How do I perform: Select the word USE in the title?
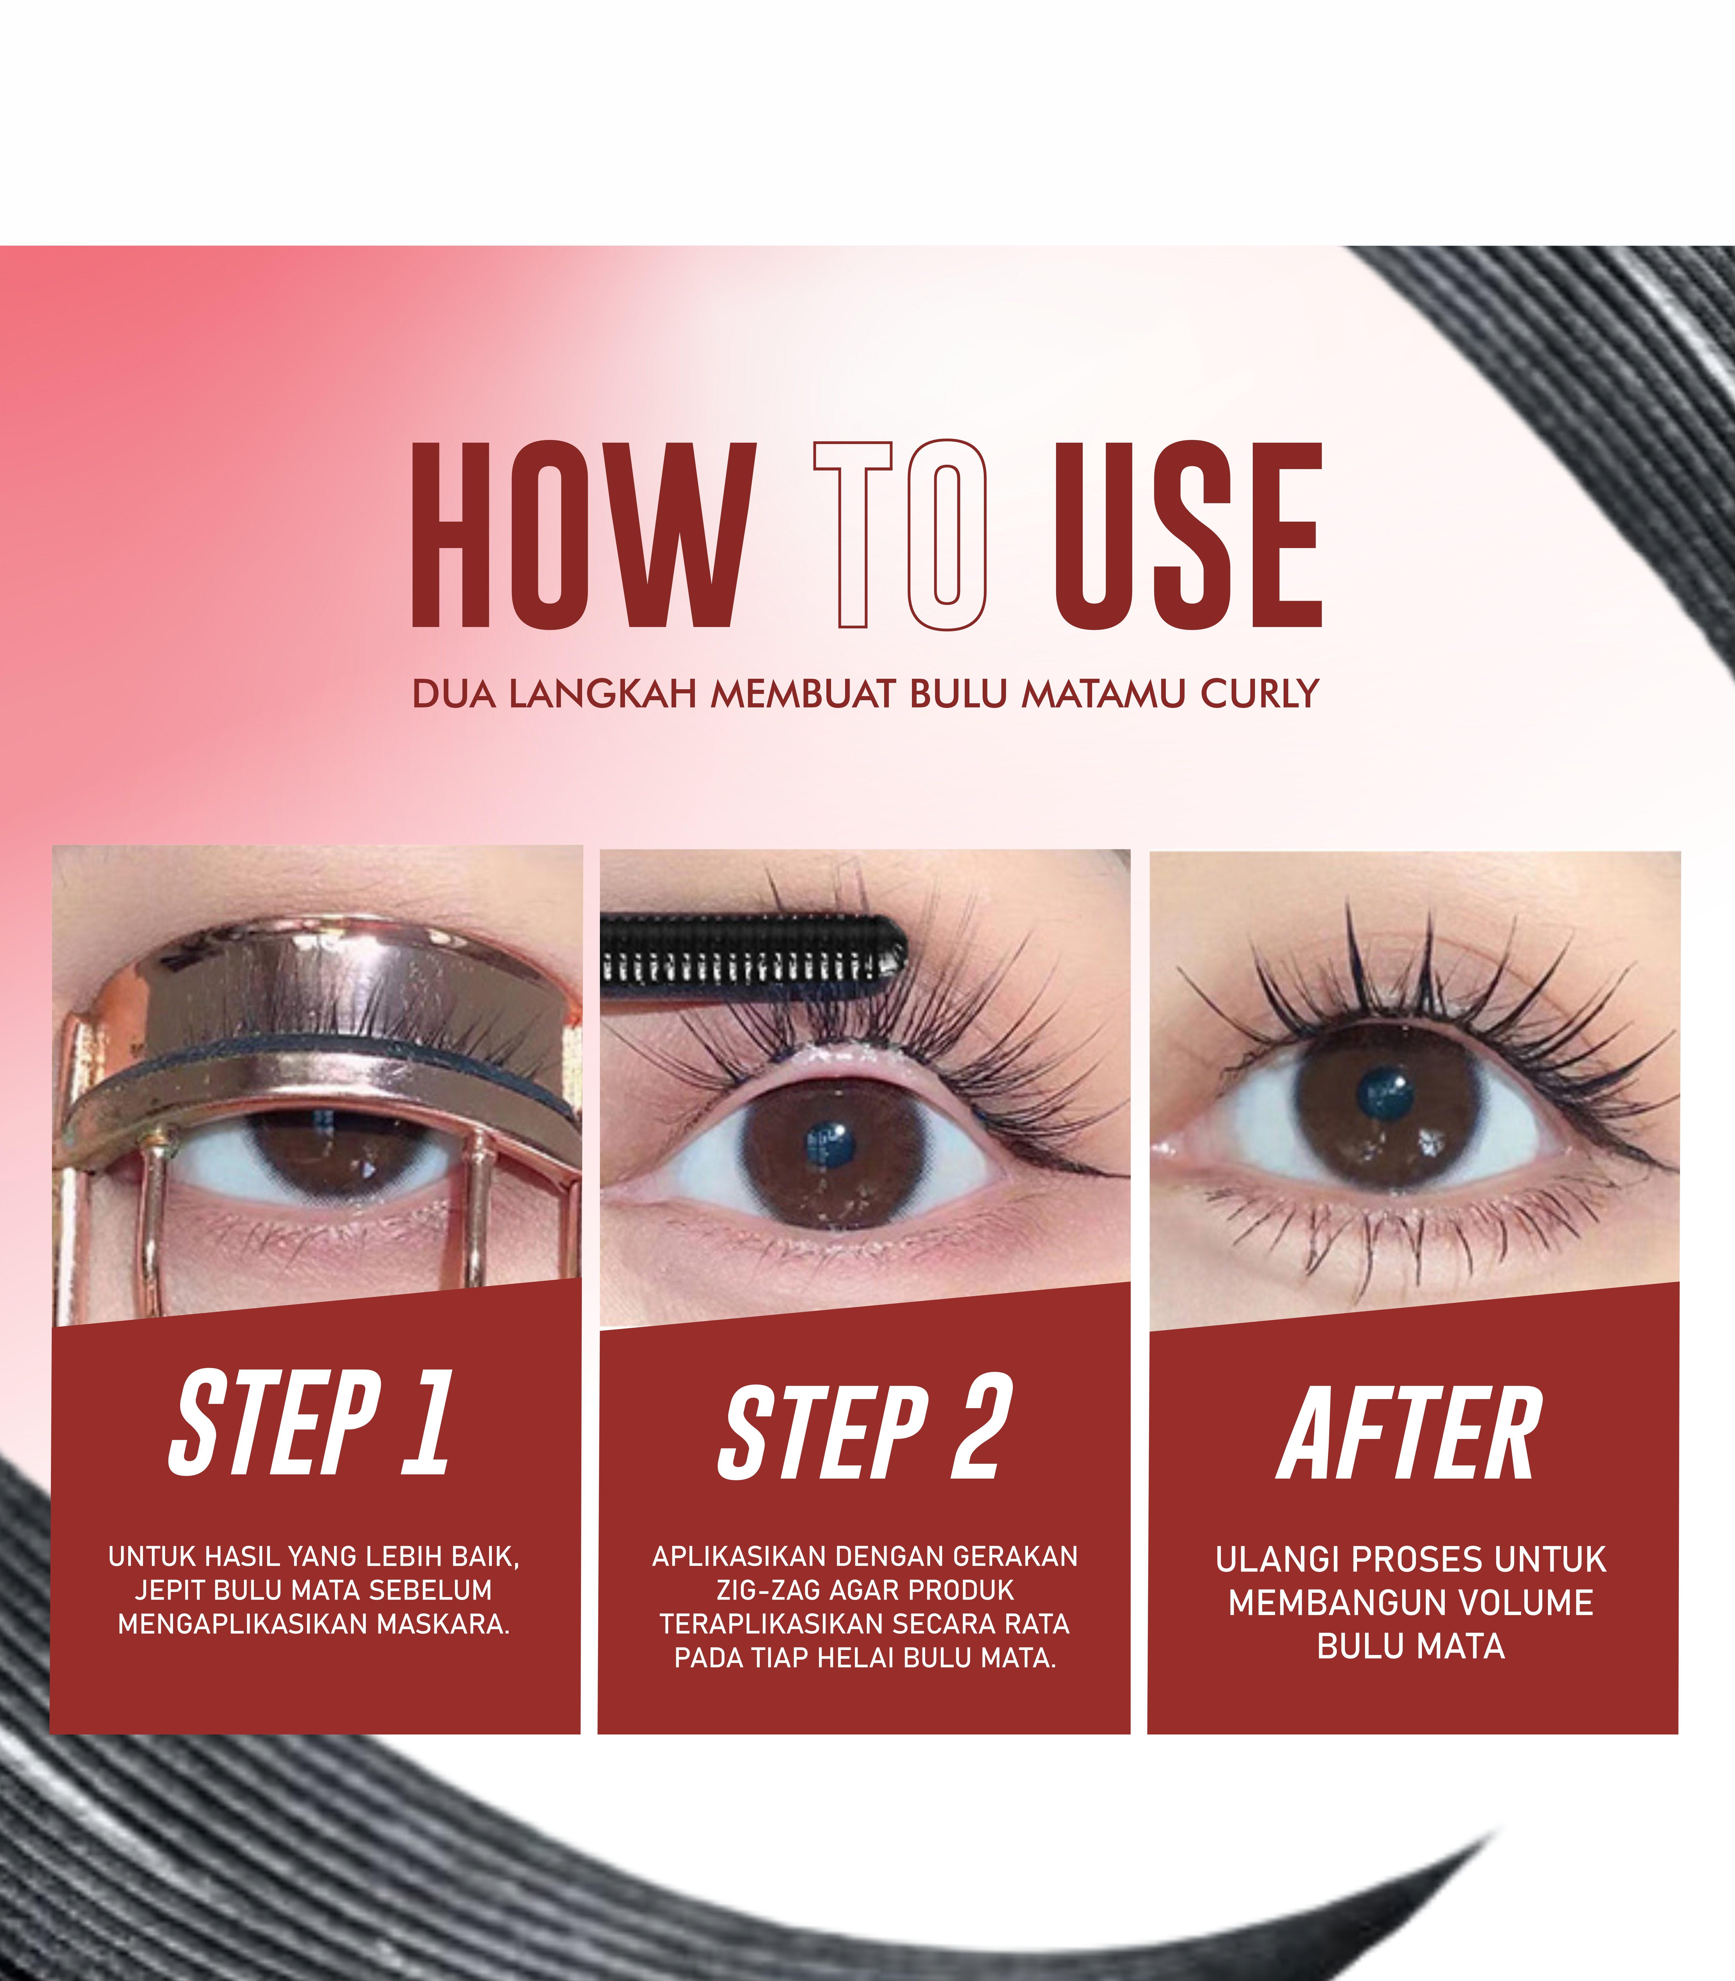(1188, 535)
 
